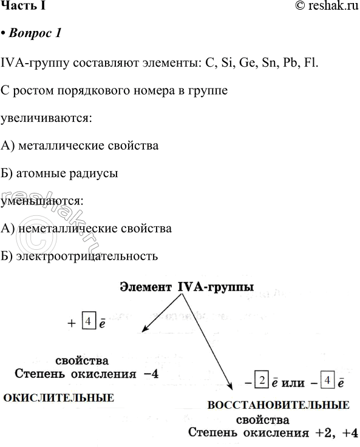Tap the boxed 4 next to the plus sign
[x=88, y=321]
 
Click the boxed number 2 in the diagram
[x=261, y=383]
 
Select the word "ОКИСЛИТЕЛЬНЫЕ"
[x=59, y=398]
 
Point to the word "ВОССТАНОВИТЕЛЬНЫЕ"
[x=278, y=405]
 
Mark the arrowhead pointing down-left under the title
[x=145, y=329]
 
